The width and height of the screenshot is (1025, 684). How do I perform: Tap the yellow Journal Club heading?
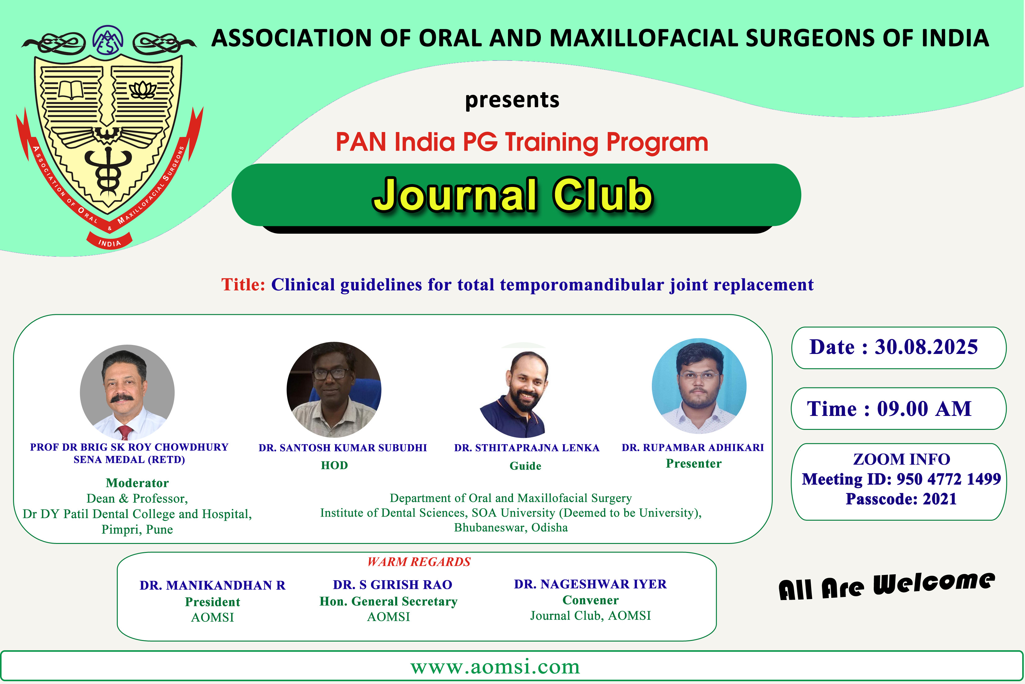pyautogui.click(x=513, y=195)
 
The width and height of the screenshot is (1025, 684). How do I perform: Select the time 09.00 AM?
pyautogui.click(x=924, y=409)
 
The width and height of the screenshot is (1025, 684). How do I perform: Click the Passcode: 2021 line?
pyautogui.click(x=901, y=499)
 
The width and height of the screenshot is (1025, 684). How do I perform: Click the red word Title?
pyautogui.click(x=243, y=285)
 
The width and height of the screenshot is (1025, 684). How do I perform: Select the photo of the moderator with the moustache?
pyautogui.click(x=127, y=392)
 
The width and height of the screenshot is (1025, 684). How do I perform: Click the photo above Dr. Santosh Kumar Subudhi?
pyautogui.click(x=334, y=390)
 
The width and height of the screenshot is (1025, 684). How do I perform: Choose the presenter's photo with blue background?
pyautogui.click(x=699, y=386)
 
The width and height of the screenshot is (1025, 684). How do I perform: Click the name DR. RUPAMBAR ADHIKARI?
pyautogui.click(x=693, y=448)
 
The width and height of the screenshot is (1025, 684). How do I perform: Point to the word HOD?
pyautogui.click(x=334, y=466)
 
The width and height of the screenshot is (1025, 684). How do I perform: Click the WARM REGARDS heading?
pyautogui.click(x=419, y=562)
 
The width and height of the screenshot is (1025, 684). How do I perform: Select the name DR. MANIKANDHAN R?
pyautogui.click(x=212, y=585)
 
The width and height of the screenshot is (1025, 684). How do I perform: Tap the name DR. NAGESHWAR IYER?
pyautogui.click(x=590, y=584)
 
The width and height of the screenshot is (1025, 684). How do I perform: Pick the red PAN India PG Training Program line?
pyautogui.click(x=522, y=142)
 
